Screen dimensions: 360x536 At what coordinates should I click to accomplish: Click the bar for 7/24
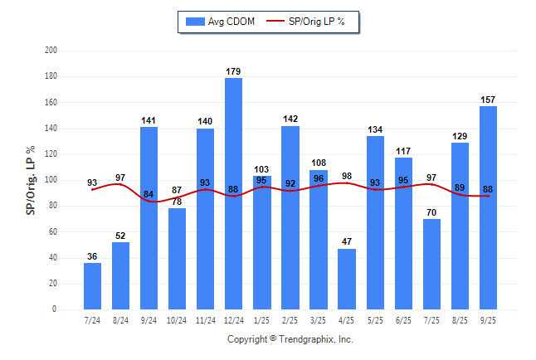click(92, 286)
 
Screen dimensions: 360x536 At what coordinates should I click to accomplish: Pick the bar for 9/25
click(488, 207)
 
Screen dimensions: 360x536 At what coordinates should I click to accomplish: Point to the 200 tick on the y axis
click(51, 51)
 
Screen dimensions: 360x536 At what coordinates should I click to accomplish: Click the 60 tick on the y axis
click(53, 231)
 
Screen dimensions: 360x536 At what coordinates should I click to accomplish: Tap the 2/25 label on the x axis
click(290, 320)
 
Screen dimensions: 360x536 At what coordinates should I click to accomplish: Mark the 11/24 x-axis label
click(205, 320)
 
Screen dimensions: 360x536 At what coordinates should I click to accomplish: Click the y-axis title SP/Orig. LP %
click(31, 180)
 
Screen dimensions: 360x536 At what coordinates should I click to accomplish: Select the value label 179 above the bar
click(233, 71)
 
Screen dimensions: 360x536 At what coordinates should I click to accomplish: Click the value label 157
click(488, 100)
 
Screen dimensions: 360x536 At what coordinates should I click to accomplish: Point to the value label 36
click(92, 256)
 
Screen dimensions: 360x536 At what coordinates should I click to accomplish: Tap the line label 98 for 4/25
click(346, 176)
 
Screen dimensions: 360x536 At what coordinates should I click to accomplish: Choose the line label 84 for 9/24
click(149, 194)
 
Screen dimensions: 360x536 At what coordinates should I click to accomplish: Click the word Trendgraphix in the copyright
click(305, 339)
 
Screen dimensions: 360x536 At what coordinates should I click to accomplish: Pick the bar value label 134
click(375, 129)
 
